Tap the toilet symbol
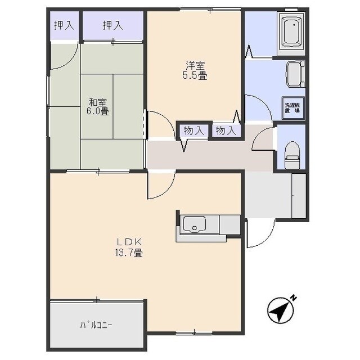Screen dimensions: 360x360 pos(292,155)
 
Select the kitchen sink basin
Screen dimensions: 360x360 pos(195,224)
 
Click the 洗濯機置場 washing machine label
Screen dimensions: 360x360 pos(292,107)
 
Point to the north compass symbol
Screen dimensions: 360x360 pos(280,310)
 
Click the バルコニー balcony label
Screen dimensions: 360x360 pos(96,325)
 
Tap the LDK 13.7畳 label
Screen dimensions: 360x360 pos(129,247)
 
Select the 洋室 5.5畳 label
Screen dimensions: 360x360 pos(195,70)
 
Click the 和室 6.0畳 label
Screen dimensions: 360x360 pos(97,107)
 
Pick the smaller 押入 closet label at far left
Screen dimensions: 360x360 pos(64,25)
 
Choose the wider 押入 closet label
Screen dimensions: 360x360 pos(112,25)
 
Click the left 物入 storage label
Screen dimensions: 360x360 pos(194,131)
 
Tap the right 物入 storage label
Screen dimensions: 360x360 pos(226,131)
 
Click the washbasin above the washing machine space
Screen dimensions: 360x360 pos(295,74)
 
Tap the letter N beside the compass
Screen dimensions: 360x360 pos(294,298)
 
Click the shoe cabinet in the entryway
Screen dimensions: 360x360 pos(299,196)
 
